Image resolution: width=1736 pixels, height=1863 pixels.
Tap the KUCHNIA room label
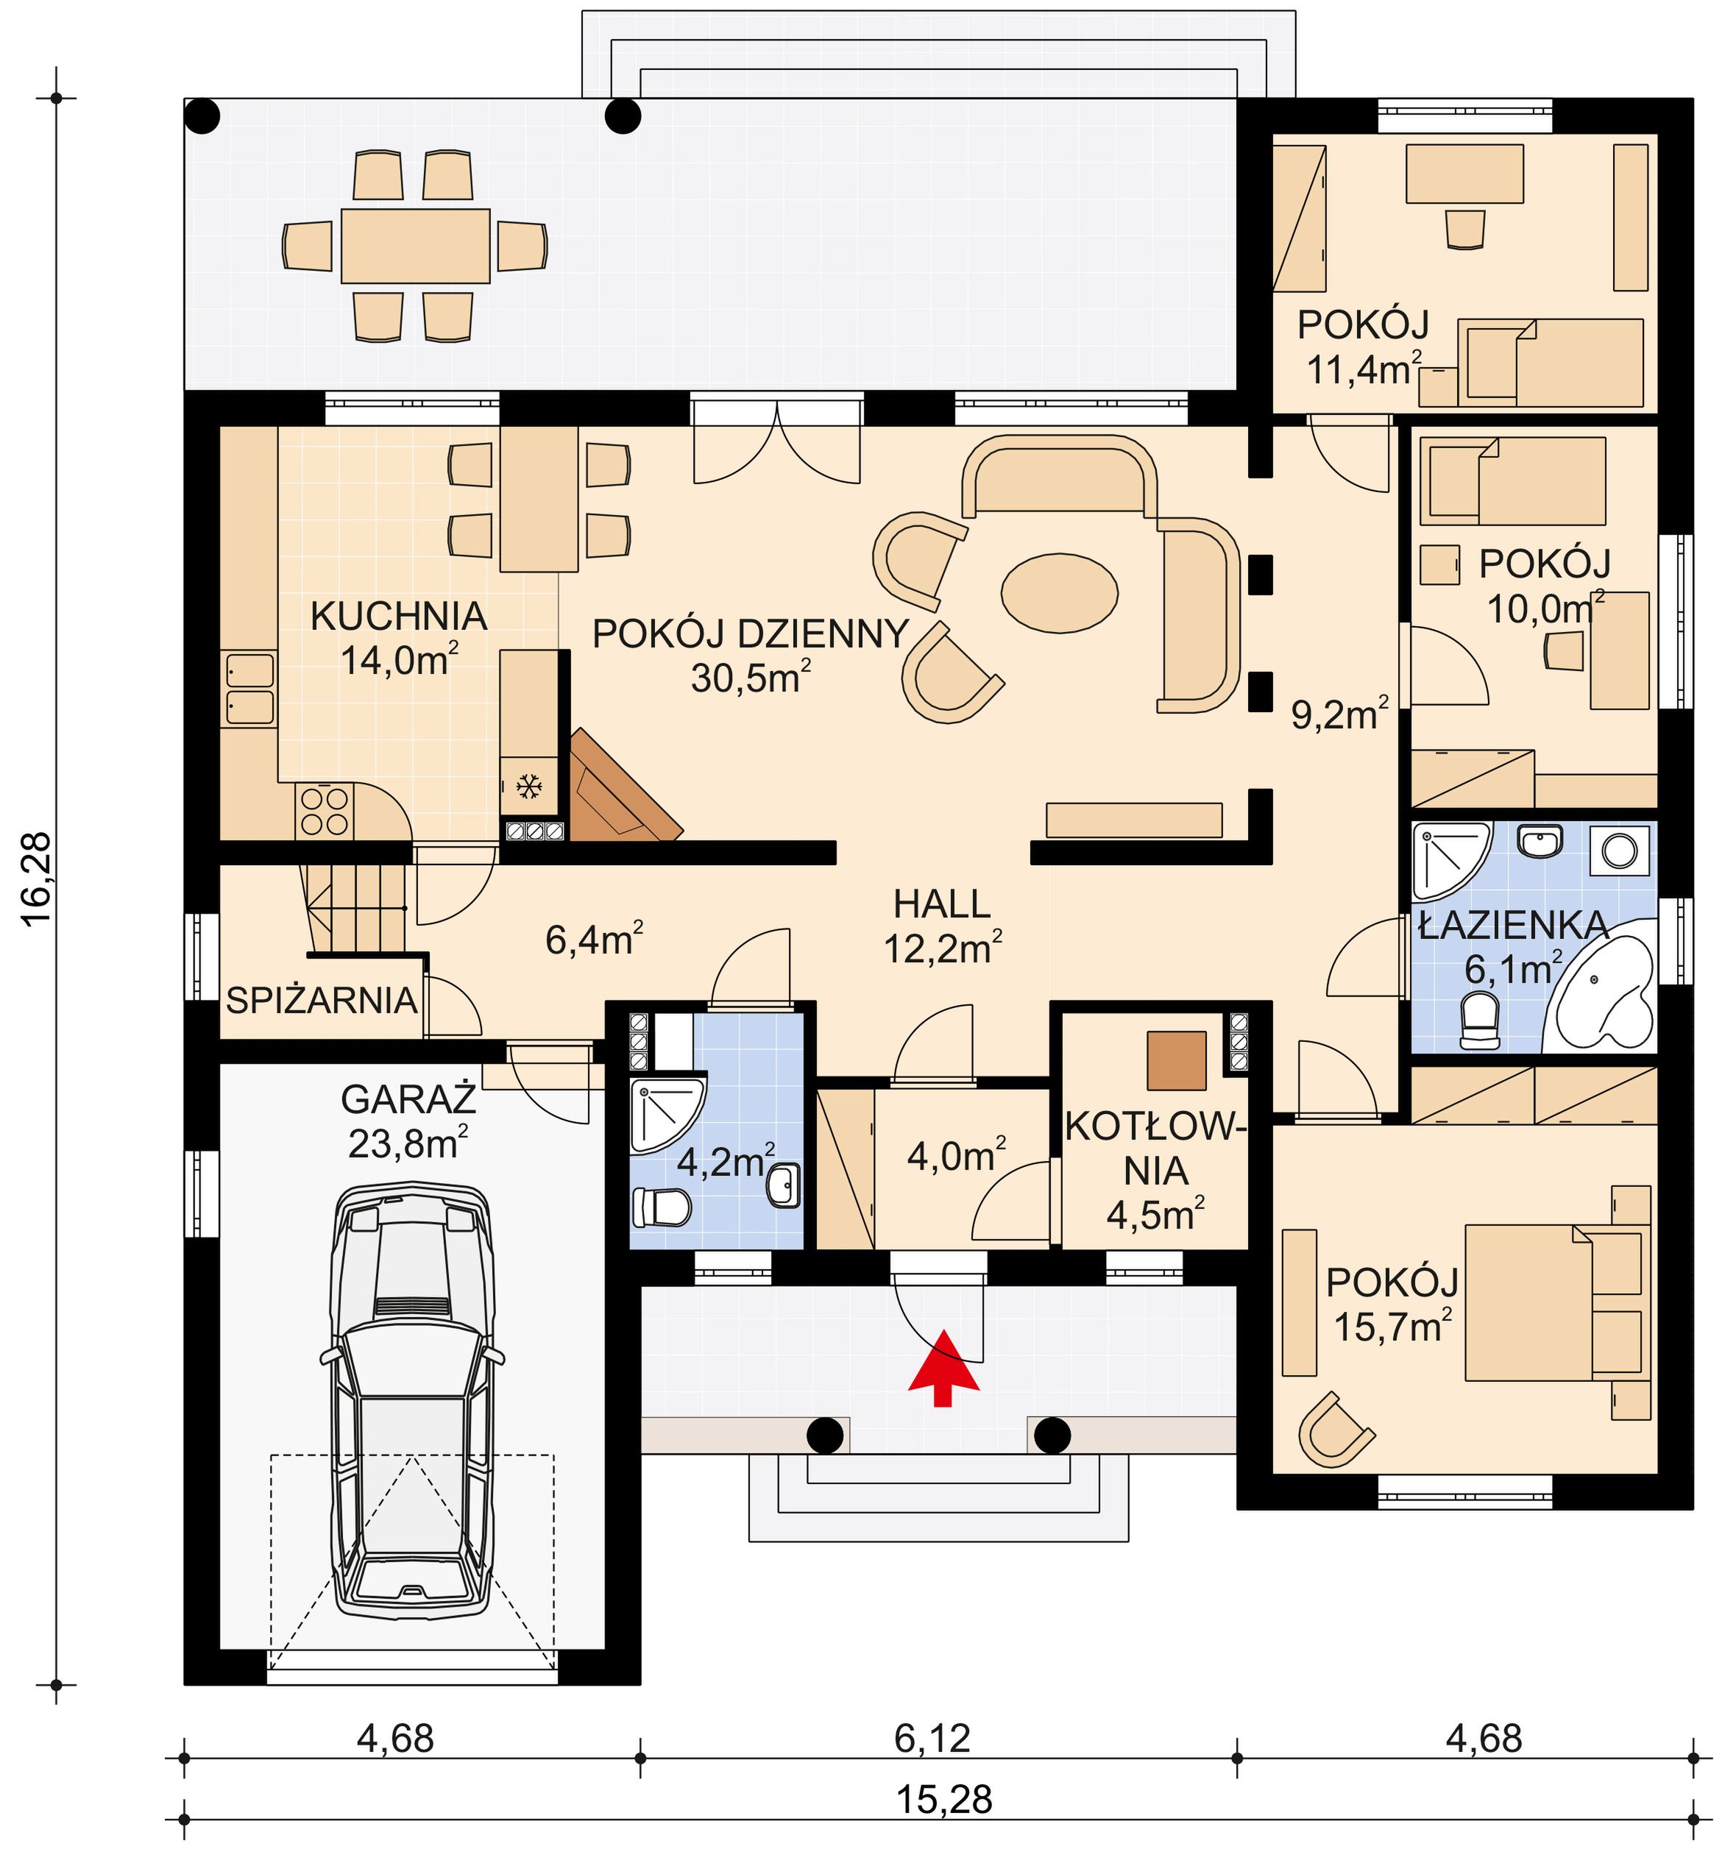[x=398, y=617]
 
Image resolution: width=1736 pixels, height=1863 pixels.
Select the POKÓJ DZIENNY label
[x=750, y=634]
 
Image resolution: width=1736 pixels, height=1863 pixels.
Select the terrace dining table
[x=415, y=246]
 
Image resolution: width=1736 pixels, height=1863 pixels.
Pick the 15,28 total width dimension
[x=944, y=1799]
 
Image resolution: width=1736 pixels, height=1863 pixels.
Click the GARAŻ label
[x=408, y=1099]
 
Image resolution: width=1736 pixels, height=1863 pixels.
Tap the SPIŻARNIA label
[x=322, y=1001]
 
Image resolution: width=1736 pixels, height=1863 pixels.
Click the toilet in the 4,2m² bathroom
[x=661, y=1207]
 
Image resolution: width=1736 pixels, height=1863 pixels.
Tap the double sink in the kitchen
[x=249, y=689]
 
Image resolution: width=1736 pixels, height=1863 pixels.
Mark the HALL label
[x=942, y=904]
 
